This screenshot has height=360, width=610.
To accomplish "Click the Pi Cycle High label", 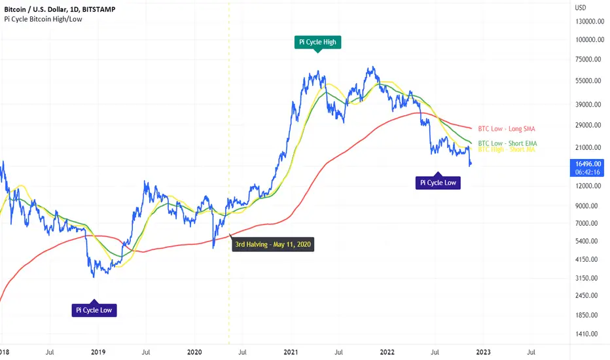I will [x=317, y=42].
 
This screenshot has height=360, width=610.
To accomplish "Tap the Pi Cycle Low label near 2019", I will [x=94, y=310].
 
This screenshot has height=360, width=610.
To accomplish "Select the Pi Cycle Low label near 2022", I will [x=438, y=183].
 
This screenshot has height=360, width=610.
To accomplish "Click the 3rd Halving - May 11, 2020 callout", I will [x=272, y=246].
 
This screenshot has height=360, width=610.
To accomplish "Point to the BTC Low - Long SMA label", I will [x=507, y=129].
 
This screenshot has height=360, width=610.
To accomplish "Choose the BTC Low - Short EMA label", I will [x=507, y=143].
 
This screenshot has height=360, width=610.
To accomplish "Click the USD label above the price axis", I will [x=579, y=8].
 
